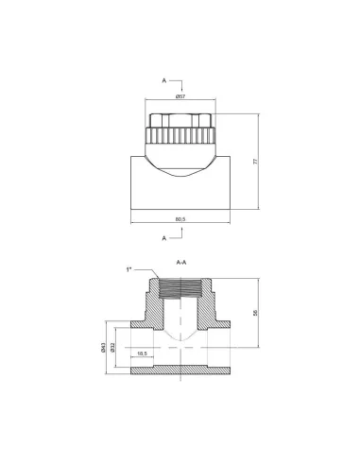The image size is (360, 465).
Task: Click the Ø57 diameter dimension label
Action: pos(180,96)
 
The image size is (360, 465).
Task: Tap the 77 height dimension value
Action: pos(255,162)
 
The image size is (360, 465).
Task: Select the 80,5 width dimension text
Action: pos(180,219)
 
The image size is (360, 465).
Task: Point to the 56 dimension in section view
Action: pos(255,313)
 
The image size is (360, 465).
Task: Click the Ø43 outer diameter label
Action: pos(103,348)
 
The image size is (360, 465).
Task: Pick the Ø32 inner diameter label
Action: pos(112,348)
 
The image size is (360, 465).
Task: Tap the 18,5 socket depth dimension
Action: pos(143,353)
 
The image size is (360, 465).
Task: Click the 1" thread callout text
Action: pos(129,269)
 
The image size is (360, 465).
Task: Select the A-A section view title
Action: pos(181,262)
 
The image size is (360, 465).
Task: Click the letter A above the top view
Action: pos(164,80)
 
